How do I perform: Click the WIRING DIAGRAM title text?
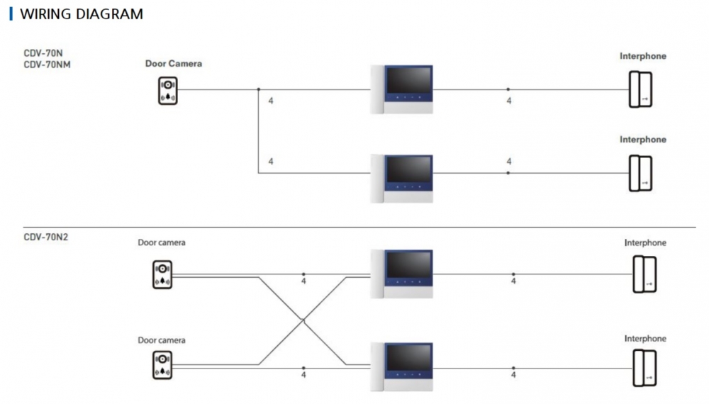(82, 14)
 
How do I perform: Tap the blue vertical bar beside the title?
(11, 14)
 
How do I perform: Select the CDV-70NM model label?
(47, 64)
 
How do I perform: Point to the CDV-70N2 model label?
(45, 237)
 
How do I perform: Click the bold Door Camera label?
(174, 64)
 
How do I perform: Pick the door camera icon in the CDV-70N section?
(168, 91)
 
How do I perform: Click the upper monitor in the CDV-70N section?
(401, 89)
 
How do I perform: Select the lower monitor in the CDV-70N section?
(401, 179)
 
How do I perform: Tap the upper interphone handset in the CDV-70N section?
(640, 89)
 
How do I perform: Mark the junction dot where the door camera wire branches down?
(259, 89)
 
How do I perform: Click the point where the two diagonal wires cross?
(303, 320)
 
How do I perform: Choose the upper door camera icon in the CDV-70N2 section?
(162, 275)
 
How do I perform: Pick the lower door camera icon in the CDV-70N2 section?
(162, 365)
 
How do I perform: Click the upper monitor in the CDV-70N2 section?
(401, 274)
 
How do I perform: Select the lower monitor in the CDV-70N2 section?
(401, 367)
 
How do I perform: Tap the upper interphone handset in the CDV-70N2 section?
(644, 274)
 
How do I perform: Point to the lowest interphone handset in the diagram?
(644, 368)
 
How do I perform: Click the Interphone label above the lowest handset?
(645, 339)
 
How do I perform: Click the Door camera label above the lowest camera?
(162, 340)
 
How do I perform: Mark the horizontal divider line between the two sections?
(359, 228)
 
